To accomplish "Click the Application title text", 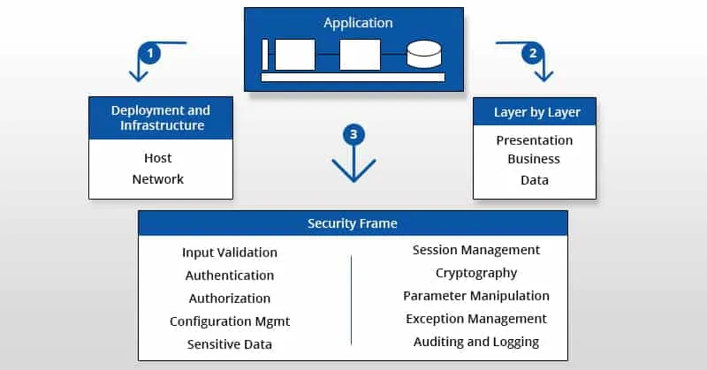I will click(358, 23).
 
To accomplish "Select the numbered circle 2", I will click(532, 54).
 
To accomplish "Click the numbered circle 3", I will click(353, 135).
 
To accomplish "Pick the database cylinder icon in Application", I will click(423, 55).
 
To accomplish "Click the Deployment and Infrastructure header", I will click(161, 118).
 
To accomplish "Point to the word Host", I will click(158, 158).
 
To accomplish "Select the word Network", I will click(158, 179).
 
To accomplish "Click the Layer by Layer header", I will click(534, 112).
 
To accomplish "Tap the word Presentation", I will click(534, 140).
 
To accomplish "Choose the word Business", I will click(534, 160).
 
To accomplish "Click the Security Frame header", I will click(353, 223).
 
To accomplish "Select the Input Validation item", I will click(230, 253).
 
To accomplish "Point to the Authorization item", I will click(230, 298).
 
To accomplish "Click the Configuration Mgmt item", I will click(230, 321).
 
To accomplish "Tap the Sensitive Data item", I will click(230, 344).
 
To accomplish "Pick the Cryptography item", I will click(476, 273).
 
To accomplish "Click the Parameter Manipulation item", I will click(476, 296).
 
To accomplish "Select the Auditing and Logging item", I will click(476, 342).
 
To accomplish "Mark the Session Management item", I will click(476, 250).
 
